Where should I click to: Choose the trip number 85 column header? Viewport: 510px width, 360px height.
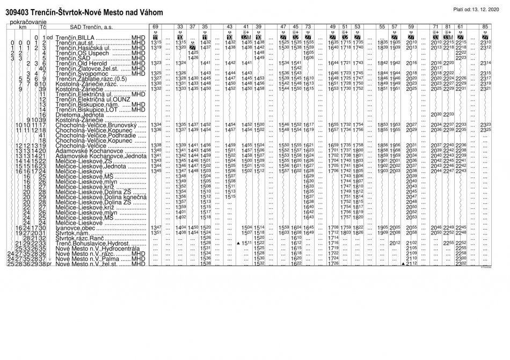pyautogui.click(x=485, y=26)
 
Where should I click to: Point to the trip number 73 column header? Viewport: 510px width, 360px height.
pyautogui.click(x=308, y=26)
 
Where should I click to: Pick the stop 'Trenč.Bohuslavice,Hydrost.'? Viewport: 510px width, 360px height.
pyautogui.click(x=89, y=243)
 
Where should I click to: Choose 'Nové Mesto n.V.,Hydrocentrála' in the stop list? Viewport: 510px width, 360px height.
pyautogui.click(x=93, y=248)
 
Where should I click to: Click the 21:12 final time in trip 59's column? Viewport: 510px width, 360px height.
pyautogui.click(x=412, y=264)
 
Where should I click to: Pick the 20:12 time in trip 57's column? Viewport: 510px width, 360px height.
pyautogui.click(x=395, y=243)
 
